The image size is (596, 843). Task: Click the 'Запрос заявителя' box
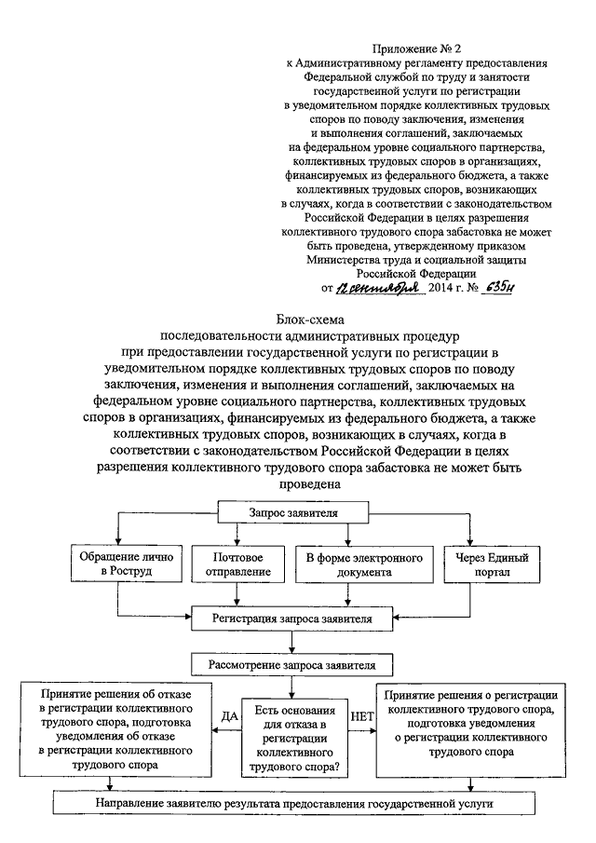(x=293, y=512)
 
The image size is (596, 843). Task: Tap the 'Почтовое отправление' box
(x=238, y=564)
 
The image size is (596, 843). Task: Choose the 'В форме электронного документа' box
(x=364, y=564)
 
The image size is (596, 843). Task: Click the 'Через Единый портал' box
(x=492, y=564)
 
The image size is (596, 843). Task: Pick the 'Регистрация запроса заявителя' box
(x=291, y=619)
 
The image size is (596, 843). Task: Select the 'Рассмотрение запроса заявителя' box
(x=291, y=665)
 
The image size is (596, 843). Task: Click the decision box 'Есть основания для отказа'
(x=294, y=738)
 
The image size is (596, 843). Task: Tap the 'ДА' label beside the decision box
(x=229, y=716)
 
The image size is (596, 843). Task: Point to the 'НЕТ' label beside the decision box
(x=361, y=716)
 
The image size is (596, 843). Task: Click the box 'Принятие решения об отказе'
(x=115, y=729)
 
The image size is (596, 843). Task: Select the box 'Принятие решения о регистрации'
(x=471, y=729)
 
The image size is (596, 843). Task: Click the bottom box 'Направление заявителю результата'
(x=294, y=804)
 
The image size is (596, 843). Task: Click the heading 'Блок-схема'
(x=310, y=320)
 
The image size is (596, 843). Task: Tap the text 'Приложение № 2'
(x=416, y=49)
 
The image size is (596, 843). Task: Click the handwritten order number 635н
(x=497, y=288)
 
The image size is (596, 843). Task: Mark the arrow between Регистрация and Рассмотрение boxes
(x=291, y=642)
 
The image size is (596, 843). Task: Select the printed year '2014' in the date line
(x=440, y=288)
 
